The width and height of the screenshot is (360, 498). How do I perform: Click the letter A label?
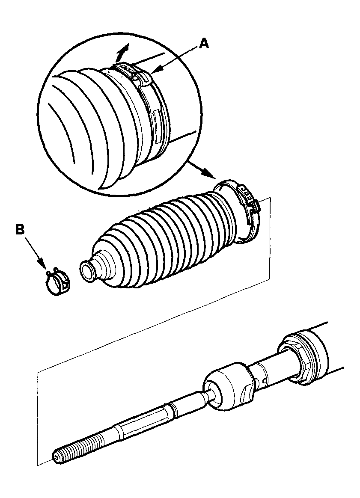coord(204,43)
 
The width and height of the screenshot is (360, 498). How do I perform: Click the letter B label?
coord(20,230)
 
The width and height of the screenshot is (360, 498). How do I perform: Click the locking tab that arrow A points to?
coord(144,77)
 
